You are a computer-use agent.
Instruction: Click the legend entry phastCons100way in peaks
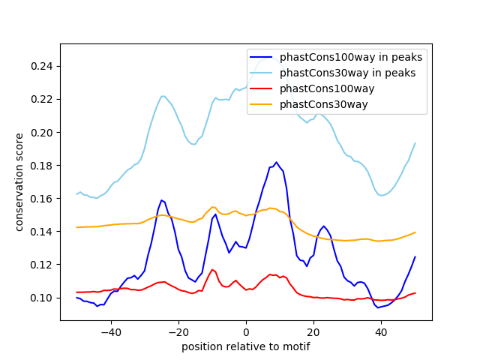350,57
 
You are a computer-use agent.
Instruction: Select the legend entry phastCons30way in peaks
347,73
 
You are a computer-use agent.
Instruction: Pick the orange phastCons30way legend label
323,104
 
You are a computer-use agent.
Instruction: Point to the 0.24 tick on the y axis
43,67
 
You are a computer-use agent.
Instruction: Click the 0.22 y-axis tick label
43,100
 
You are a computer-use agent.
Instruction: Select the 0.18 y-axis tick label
43,166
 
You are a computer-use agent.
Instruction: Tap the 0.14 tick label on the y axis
43,232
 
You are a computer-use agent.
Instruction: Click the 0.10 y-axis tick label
43,298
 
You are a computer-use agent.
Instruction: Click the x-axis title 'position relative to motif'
245,346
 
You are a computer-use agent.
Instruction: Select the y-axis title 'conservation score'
19,182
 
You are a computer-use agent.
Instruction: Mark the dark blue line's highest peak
276,162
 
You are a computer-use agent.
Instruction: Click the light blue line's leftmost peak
163,96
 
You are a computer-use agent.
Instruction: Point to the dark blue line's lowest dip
377,307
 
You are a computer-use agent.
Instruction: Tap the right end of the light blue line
415,143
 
